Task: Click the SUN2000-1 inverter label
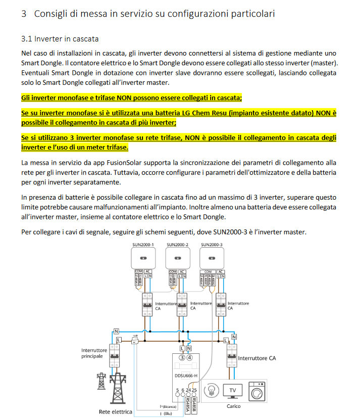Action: click(x=142, y=245)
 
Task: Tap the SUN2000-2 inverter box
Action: click(x=177, y=258)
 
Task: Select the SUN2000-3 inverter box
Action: click(x=212, y=258)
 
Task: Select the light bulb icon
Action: click(x=213, y=390)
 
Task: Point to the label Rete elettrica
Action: click(x=115, y=412)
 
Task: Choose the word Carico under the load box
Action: click(x=233, y=406)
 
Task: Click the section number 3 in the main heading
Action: click(x=24, y=14)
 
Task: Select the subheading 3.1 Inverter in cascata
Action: click(x=60, y=39)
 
